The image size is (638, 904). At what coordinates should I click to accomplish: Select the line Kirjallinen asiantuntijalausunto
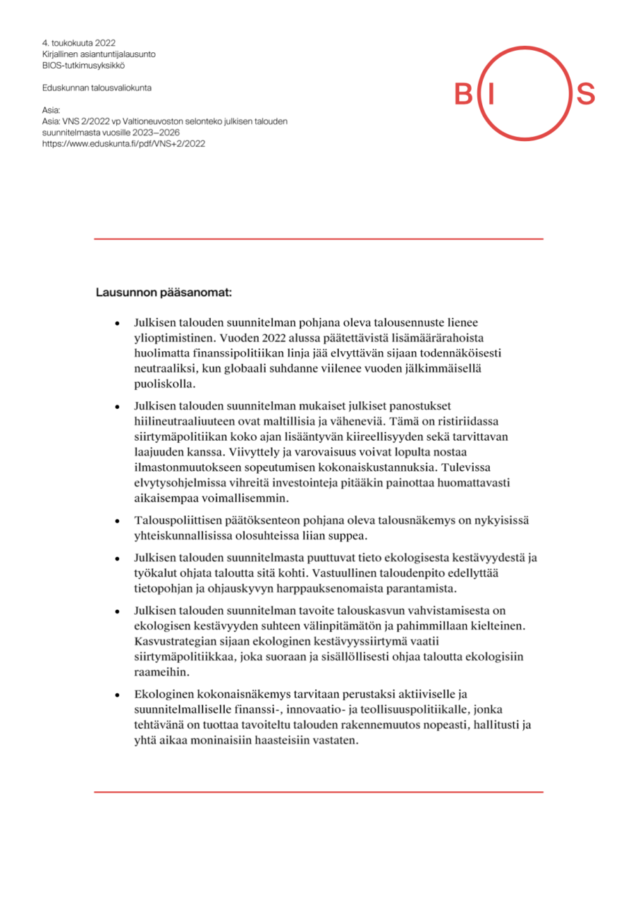[x=99, y=54]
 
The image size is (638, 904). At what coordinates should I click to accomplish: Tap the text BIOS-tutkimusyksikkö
[x=83, y=65]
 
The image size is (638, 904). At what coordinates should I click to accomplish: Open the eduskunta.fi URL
[x=123, y=143]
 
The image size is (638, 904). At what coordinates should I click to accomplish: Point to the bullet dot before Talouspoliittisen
[x=118, y=522]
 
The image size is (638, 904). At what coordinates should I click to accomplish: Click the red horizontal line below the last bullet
[x=319, y=791]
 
